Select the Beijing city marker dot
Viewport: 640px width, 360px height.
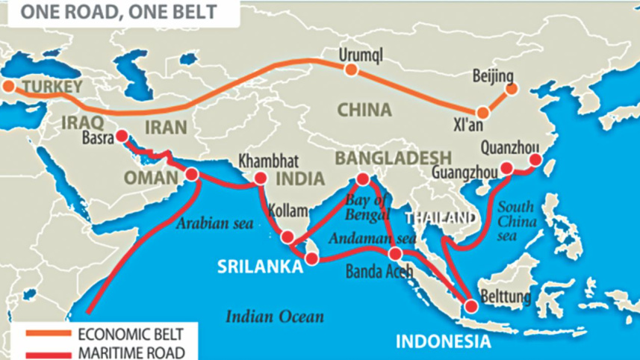coord(512,90)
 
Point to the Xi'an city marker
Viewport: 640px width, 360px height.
coord(482,113)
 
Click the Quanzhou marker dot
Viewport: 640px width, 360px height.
coord(535,160)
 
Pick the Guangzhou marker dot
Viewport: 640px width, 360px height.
coord(506,169)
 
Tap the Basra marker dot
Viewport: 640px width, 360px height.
coord(121,137)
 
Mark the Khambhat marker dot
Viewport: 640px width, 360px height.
coord(261,179)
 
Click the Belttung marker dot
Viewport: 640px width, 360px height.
coord(470,305)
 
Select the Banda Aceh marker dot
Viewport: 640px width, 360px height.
coord(395,254)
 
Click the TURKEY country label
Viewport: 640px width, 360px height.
coord(52,87)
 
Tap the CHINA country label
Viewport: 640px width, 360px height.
coord(364,111)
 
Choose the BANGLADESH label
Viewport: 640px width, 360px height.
coord(394,158)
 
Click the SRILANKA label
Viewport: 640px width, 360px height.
coord(260,267)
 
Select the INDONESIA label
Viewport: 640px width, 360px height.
coord(443,343)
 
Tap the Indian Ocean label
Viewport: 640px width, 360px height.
coord(275,317)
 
